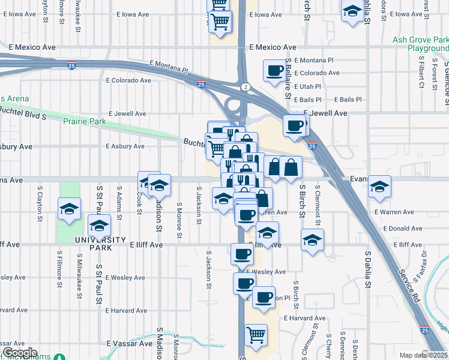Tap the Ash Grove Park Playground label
click(x=421, y=44)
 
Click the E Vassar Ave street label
click(x=129, y=344)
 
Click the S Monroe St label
click(x=179, y=220)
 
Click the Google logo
click(x=20, y=353)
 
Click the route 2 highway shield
click(x=245, y=88)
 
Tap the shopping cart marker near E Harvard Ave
click(x=256, y=334)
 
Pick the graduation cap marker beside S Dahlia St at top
click(x=352, y=10)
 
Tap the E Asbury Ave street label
click(x=125, y=146)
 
